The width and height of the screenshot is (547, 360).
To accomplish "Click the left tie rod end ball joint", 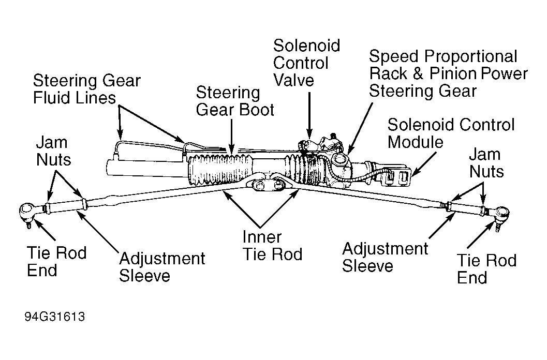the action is point(26,211).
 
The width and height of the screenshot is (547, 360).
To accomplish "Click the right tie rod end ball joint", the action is point(501,214).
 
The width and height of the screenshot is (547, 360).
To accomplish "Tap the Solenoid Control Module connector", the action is point(395,177).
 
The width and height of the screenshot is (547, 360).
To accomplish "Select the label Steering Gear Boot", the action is point(235,101).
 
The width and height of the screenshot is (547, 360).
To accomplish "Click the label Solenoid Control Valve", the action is point(306,63).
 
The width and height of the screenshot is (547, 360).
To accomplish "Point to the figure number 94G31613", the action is point(55,317).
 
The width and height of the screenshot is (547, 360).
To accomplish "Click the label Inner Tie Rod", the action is point(272,245).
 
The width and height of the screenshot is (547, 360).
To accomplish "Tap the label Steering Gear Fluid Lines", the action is point(86,89).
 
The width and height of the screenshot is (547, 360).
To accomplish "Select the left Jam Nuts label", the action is point(53,151).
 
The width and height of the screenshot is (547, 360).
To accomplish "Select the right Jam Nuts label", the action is point(486,163).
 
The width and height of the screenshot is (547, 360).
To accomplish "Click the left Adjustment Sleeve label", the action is point(162,267).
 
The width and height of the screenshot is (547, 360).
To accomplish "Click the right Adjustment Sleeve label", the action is point(385,257).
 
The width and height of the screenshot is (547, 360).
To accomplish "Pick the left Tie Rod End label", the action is point(56,261).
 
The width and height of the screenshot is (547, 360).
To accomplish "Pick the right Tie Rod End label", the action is point(486,269).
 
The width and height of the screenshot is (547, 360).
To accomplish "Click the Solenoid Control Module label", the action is point(451,133).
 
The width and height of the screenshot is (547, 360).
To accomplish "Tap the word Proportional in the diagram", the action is point(470,57).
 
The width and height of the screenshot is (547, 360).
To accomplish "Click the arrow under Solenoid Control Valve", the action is point(309,115).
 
